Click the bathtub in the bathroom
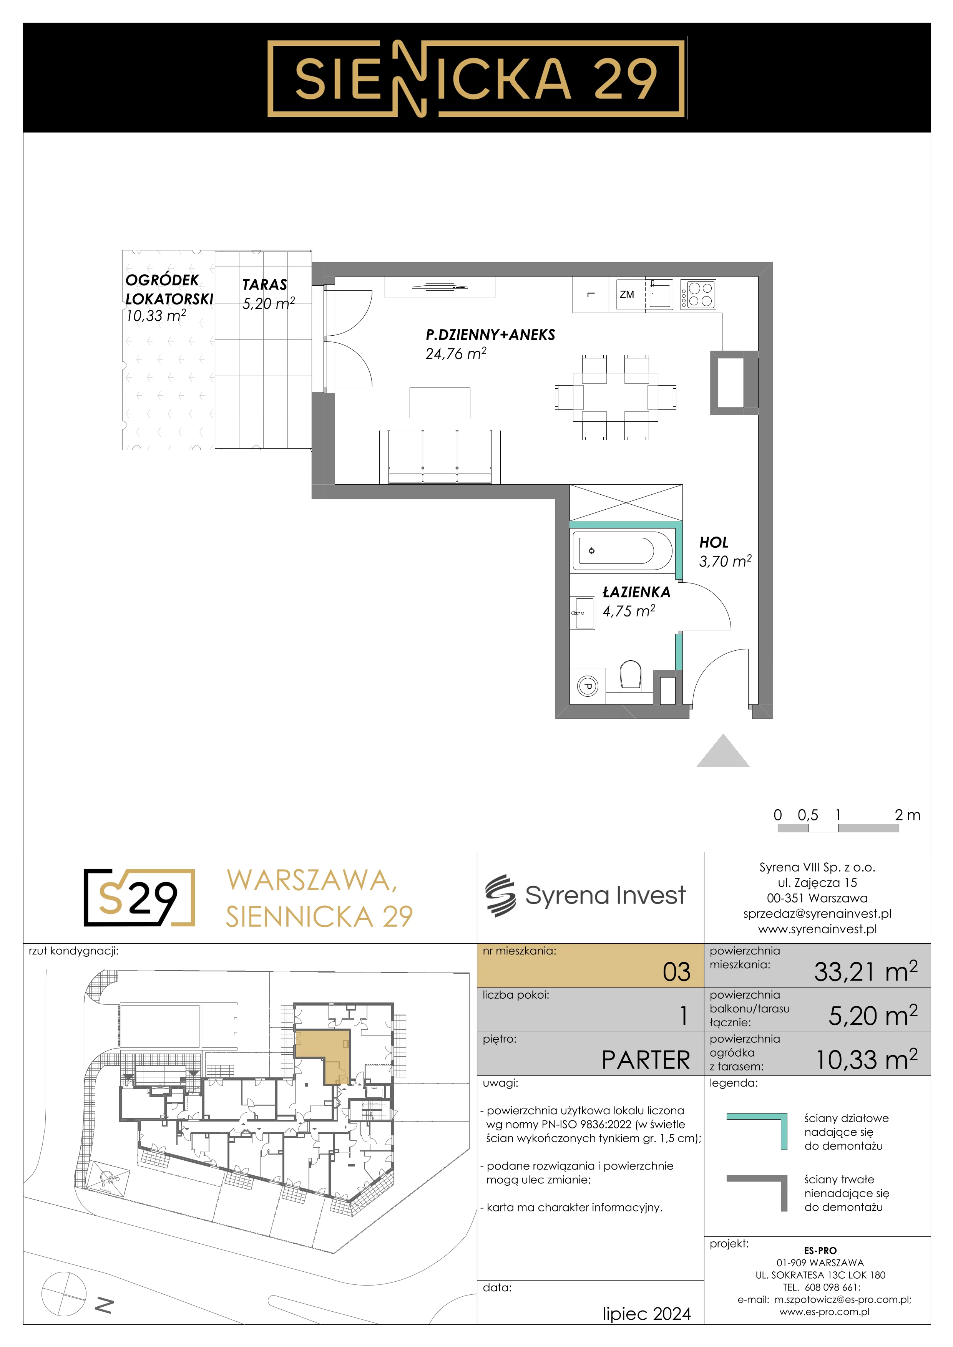[622, 551]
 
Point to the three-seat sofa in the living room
[440, 456]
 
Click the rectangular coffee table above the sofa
[440, 403]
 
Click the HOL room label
[714, 543]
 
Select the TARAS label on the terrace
[265, 285]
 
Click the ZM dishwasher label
[627, 295]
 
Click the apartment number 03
[677, 972]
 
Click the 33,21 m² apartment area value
[865, 971]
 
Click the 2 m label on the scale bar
[907, 815]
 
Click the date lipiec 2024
[647, 1314]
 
